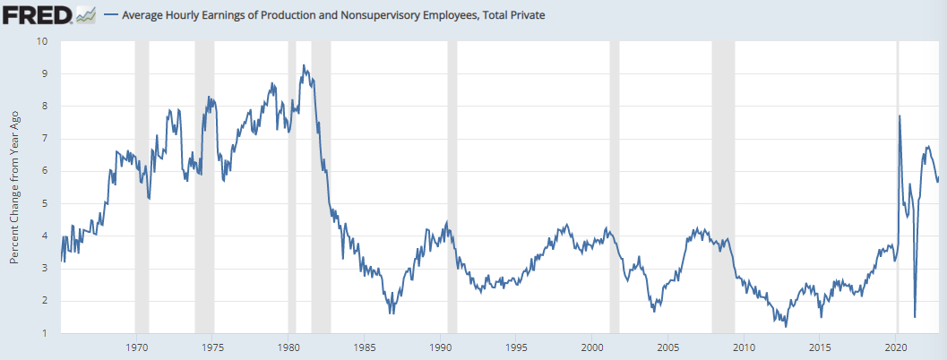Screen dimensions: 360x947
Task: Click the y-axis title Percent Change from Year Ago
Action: (x=14, y=188)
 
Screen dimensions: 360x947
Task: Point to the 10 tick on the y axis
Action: (x=42, y=41)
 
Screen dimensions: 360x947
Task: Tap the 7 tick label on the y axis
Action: (x=44, y=139)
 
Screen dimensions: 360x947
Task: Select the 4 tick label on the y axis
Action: (x=44, y=236)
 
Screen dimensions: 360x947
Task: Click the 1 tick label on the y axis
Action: (x=44, y=334)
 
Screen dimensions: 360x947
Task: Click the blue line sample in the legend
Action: (x=111, y=15)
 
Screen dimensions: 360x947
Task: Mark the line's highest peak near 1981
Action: (x=304, y=65)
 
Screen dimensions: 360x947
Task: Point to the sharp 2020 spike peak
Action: (x=900, y=116)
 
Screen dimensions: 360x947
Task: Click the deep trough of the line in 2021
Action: (x=915, y=316)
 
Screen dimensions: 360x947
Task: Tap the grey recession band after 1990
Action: (x=452, y=188)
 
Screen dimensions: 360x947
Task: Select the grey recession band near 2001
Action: (x=614, y=188)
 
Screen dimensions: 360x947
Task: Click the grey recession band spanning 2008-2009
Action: (x=723, y=188)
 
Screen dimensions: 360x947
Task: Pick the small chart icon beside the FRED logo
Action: (x=86, y=14)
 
